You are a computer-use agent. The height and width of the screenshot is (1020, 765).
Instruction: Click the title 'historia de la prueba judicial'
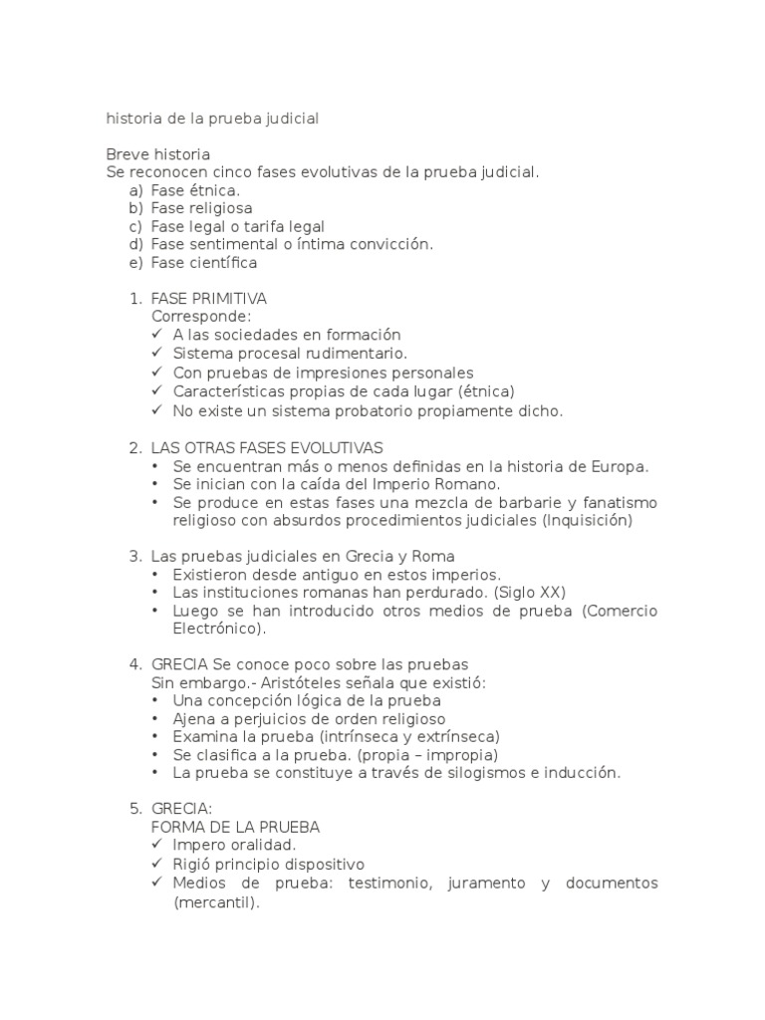click(212, 119)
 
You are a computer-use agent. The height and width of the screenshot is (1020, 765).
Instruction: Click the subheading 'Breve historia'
click(157, 154)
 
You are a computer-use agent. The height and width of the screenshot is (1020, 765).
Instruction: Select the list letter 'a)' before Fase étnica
click(136, 190)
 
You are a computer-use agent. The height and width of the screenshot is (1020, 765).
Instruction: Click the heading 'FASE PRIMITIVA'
click(208, 299)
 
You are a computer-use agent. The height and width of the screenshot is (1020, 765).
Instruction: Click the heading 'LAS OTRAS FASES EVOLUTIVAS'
click(267, 447)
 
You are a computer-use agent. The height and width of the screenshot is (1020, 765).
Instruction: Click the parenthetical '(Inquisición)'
click(588, 520)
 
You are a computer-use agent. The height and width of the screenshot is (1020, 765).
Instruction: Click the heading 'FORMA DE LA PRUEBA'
click(235, 827)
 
